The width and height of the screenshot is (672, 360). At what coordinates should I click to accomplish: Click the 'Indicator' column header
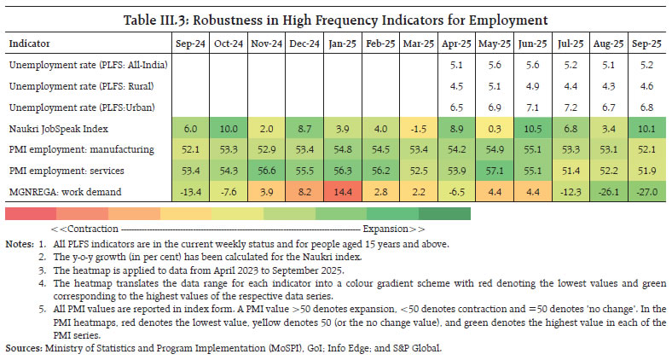(30, 43)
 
